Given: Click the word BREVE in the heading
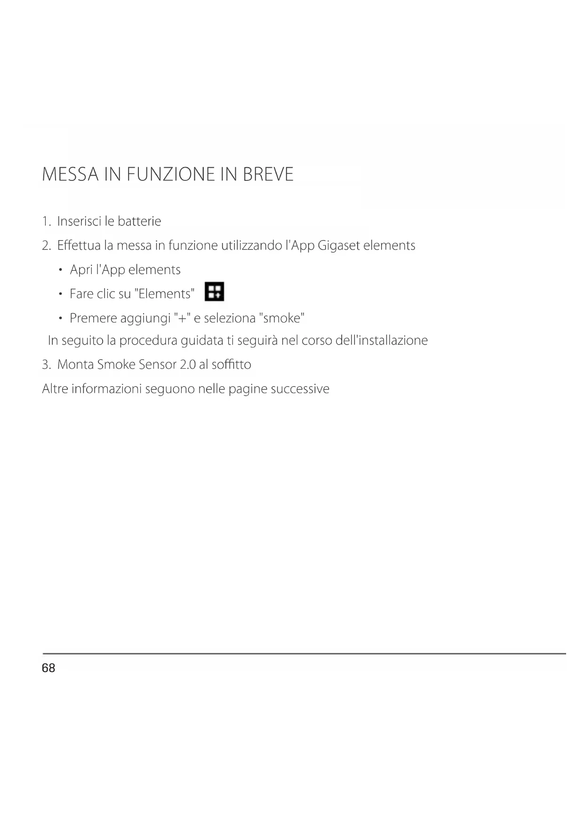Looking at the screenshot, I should click(268, 175).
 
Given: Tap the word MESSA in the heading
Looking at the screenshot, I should click(70, 175).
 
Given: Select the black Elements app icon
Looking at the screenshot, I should click(215, 292).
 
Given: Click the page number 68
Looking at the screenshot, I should click(48, 668).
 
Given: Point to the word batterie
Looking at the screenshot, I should click(139, 221).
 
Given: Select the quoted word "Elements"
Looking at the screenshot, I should click(164, 294).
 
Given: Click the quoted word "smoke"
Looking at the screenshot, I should click(282, 318).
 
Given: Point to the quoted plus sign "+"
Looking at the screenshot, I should click(182, 318).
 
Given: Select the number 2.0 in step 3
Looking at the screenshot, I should click(187, 364).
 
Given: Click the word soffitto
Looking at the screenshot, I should click(231, 364).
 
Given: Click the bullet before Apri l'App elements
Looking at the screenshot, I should click(61, 270).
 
